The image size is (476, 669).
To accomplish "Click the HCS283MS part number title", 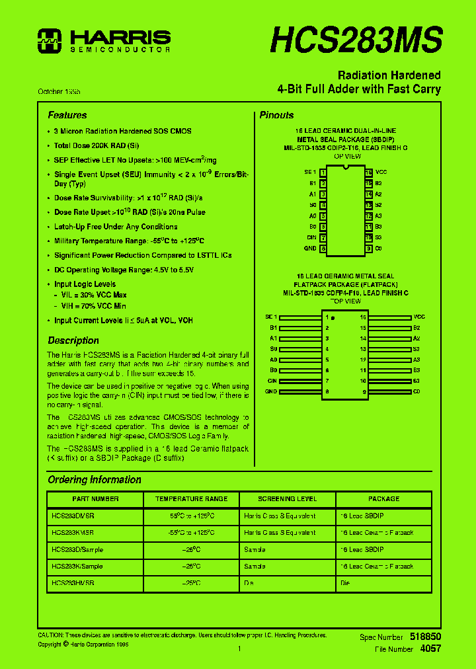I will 356,40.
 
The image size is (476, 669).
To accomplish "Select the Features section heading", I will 67,115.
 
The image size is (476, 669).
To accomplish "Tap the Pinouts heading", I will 276,115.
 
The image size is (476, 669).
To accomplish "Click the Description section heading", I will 73,340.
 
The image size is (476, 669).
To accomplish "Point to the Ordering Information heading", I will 95,479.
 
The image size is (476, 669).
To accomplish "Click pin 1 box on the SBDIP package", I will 323,172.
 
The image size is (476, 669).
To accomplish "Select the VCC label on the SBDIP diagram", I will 381,172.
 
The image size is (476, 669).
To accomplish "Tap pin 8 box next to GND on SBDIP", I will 323,249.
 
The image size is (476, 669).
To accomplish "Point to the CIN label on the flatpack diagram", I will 272,381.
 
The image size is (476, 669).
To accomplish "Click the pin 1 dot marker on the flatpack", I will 333,318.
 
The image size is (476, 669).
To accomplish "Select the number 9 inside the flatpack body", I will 364,392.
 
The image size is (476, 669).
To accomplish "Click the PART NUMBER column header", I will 95,498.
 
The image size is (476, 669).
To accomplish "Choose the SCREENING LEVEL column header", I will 287,498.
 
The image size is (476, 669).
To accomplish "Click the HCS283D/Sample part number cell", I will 77,549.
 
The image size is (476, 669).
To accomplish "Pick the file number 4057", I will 430,649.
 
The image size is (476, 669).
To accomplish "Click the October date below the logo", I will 63,91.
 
